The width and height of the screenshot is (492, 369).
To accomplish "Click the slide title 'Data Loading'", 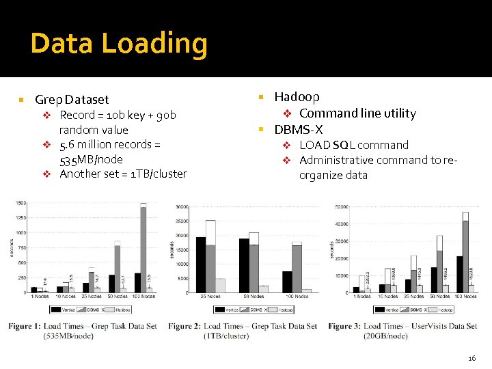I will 119,44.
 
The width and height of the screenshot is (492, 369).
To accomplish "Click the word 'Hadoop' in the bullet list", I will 297,97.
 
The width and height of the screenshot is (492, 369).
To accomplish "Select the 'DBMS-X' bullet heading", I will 299,129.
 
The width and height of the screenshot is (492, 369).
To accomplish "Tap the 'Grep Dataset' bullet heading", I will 72,100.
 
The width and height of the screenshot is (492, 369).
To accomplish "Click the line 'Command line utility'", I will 357,113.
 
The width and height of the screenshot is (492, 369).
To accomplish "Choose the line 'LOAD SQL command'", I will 354,145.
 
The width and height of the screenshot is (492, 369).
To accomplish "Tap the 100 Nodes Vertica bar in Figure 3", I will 460,274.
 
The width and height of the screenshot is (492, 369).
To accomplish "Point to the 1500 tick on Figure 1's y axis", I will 21,203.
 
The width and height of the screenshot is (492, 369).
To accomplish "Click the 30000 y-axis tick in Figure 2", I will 182,206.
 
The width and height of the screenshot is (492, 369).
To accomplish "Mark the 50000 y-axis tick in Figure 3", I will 342,206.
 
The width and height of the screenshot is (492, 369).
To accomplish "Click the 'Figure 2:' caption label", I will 184,327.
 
